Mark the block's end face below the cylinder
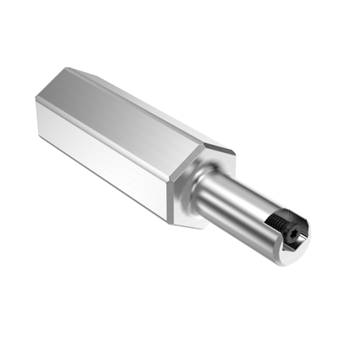coord(191,211)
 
